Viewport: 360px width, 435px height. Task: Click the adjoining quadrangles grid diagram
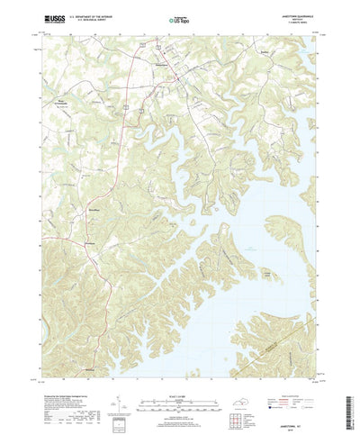tap(237, 401)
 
